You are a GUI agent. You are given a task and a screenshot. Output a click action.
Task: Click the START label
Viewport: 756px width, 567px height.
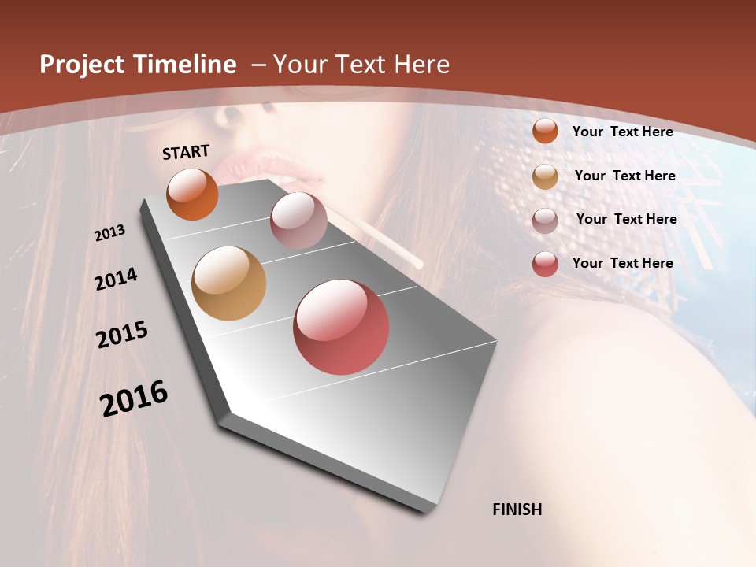pos(186,152)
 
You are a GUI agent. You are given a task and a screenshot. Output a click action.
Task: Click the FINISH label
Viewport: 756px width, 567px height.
pos(517,510)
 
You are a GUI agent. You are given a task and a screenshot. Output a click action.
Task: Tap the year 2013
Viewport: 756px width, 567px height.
pos(109,233)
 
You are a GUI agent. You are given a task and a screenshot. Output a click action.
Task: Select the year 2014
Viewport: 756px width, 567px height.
pos(116,280)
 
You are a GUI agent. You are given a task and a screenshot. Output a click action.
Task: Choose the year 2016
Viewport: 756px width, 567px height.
pos(134,398)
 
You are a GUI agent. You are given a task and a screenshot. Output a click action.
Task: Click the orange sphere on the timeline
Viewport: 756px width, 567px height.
pos(192,194)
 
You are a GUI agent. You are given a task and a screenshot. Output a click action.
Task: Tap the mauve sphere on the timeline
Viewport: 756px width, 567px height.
pos(298,220)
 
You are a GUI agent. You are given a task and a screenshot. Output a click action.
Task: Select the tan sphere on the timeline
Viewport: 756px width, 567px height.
pos(228,283)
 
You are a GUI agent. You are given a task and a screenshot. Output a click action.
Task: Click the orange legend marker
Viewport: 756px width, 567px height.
pos(545,131)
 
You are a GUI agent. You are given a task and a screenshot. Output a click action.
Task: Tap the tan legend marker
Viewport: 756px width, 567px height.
pos(545,176)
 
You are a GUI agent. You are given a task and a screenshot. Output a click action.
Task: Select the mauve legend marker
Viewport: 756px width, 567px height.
pos(545,220)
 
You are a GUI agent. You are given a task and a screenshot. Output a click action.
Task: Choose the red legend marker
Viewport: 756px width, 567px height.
pos(545,264)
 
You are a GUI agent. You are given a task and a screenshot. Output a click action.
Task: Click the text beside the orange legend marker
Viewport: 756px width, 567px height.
pos(622,132)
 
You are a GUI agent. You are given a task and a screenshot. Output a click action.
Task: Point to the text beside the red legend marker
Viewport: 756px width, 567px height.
pos(622,263)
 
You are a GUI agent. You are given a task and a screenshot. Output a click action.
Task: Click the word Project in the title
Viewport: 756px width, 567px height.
pos(81,65)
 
